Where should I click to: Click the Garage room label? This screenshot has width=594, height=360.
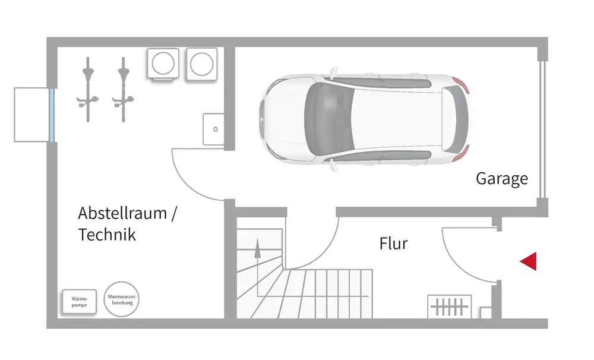pyautogui.click(x=501, y=179)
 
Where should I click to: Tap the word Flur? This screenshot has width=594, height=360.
pyautogui.click(x=393, y=243)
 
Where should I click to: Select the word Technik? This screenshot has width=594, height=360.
pyautogui.click(x=107, y=235)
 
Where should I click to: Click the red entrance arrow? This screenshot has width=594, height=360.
pyautogui.click(x=528, y=261)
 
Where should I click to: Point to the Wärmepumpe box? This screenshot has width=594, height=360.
pyautogui.click(x=79, y=301)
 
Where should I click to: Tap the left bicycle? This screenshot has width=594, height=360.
pyautogui.click(x=88, y=89)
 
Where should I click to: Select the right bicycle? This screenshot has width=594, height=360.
pyautogui.click(x=124, y=89)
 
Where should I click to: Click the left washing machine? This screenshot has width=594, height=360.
pyautogui.click(x=163, y=63)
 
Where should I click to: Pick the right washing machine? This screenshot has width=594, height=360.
pyautogui.click(x=203, y=63)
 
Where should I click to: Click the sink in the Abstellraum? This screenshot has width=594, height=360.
pyautogui.click(x=213, y=129)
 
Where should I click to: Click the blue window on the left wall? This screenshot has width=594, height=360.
pyautogui.click(x=52, y=115)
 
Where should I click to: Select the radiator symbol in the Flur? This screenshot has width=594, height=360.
pyautogui.click(x=450, y=307)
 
